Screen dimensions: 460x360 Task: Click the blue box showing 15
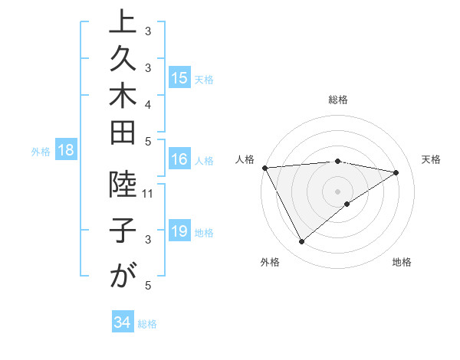(179, 78)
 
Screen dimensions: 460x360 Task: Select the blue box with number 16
(179, 160)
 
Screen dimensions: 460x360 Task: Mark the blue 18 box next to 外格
(66, 151)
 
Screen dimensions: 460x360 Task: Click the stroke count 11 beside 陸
(148, 193)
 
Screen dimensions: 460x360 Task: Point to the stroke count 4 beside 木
(148, 103)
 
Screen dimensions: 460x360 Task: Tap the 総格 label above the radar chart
(338, 100)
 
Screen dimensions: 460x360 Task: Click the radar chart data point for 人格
(264, 167)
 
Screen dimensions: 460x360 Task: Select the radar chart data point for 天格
(396, 172)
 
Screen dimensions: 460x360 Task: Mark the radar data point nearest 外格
(301, 242)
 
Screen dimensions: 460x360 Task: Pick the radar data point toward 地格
(347, 204)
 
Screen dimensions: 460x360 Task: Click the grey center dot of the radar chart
(338, 191)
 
